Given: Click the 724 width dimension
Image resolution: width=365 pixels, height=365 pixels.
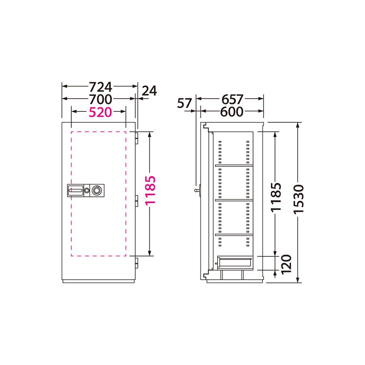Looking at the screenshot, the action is pyautogui.click(x=101, y=87).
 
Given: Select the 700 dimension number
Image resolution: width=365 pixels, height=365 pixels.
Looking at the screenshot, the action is pyautogui.click(x=101, y=99).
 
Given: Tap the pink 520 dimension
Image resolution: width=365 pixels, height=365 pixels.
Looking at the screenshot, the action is pyautogui.click(x=100, y=112).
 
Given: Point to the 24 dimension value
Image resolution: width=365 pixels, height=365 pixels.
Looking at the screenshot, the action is pyautogui.click(x=149, y=91).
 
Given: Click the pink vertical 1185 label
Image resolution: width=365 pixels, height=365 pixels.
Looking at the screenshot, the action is pyautogui.click(x=150, y=191).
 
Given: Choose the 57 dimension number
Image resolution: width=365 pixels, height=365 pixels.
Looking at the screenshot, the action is pyautogui.click(x=184, y=103).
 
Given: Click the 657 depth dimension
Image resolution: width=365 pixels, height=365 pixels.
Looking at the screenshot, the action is pyautogui.click(x=232, y=99).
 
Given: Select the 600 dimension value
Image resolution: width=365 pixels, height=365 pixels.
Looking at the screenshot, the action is pyautogui.click(x=232, y=112).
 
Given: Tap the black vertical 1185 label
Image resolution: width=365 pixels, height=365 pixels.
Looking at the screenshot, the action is pyautogui.click(x=276, y=197).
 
